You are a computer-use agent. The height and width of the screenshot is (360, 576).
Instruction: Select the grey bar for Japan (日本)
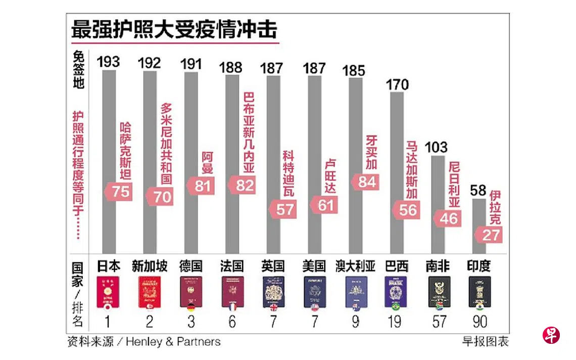[x=109, y=162]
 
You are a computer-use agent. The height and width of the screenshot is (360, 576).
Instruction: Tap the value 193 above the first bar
[x=109, y=62]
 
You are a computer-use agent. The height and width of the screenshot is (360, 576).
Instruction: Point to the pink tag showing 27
[x=489, y=235]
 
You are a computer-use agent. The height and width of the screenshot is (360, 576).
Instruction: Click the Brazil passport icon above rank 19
[x=396, y=292]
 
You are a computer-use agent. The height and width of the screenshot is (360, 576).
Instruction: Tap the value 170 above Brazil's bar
[x=397, y=84]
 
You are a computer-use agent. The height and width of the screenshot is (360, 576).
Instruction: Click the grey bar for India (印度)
[x=479, y=227]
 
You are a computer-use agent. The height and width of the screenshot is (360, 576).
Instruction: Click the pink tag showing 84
[x=367, y=182]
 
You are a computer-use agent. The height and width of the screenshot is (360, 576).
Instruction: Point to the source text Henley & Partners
[x=173, y=342]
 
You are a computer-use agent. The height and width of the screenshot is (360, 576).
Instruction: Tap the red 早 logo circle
[x=551, y=335]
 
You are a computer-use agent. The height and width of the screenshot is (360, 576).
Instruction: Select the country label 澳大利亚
[x=355, y=267]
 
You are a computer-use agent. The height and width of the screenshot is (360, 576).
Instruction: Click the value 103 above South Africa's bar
[x=437, y=147]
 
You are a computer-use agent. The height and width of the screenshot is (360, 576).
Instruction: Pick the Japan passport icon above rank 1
[x=108, y=292]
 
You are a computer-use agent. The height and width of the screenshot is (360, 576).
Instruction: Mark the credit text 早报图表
[x=485, y=342]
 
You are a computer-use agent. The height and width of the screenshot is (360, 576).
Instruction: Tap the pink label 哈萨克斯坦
[x=126, y=151]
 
